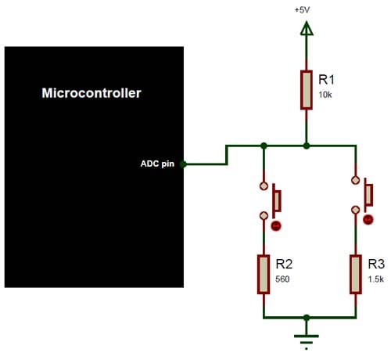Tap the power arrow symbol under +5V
(x=306, y=29)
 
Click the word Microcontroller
(x=91, y=93)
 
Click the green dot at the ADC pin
(x=183, y=164)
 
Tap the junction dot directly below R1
(x=306, y=146)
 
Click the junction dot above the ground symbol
(x=306, y=318)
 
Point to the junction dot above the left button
(x=264, y=146)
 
